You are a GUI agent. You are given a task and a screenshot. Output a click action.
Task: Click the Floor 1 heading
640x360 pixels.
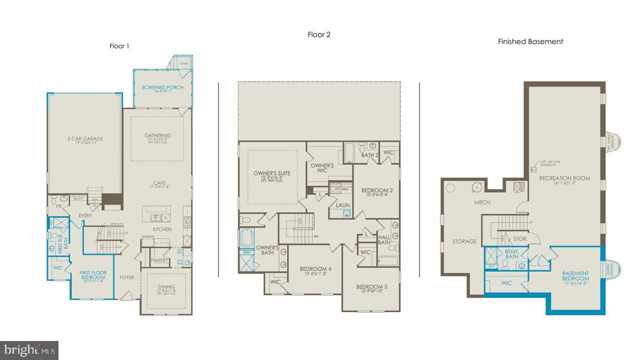click(119, 46)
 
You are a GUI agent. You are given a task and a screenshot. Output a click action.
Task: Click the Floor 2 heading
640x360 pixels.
click(319, 34)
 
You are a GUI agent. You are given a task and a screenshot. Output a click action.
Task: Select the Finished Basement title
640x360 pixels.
click(530, 41)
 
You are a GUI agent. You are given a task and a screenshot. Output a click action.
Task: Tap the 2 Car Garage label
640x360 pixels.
click(85, 138)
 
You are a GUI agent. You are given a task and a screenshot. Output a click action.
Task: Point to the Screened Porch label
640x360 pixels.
click(162, 87)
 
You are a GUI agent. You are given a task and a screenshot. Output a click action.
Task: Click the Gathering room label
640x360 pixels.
click(157, 135)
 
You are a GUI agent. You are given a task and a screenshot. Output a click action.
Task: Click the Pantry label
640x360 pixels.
click(159, 260)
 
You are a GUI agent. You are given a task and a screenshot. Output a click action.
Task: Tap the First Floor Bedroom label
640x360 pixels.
click(92, 275)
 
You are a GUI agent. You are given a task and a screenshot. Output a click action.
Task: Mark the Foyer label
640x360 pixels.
click(126, 277)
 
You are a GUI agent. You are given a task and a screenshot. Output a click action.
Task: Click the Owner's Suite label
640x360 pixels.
click(271, 173)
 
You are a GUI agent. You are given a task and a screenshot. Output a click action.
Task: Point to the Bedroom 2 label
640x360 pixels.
click(377, 190)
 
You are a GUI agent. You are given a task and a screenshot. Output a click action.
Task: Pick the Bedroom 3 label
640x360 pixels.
click(371, 286)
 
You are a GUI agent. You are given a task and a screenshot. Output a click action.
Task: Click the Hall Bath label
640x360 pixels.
click(384, 240)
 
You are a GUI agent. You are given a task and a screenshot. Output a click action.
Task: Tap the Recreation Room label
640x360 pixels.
click(564, 178)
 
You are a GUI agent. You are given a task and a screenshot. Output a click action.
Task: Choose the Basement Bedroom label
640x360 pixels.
click(575, 276)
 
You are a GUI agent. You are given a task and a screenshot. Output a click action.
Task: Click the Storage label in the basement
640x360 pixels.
click(464, 241)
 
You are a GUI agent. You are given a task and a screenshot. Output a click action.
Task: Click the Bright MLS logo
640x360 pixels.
click(29, 350)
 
